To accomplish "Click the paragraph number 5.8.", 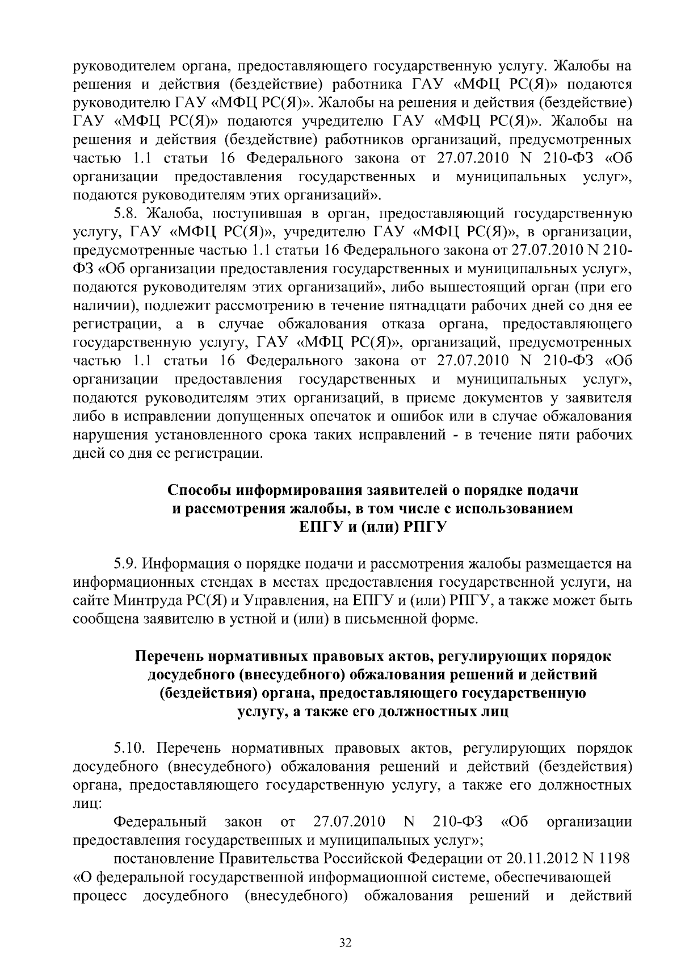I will (125, 214).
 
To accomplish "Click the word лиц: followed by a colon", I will (87, 804).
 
